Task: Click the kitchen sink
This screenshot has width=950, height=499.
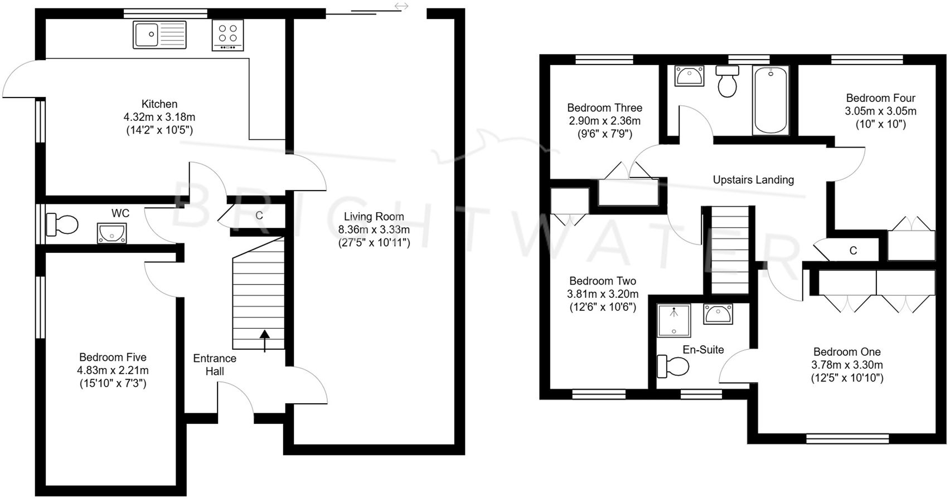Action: (x=159, y=35)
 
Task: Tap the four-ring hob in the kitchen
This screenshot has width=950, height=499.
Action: (x=227, y=35)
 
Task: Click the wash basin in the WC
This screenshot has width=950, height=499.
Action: (x=112, y=233)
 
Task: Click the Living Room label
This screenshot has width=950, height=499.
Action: (x=374, y=217)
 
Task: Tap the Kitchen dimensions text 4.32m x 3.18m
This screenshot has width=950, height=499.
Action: (x=159, y=117)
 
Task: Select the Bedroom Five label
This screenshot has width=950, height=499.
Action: (x=113, y=357)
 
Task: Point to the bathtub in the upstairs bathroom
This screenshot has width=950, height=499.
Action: (x=770, y=100)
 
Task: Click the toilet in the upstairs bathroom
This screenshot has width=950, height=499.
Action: (x=727, y=81)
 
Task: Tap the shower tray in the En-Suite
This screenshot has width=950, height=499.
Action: (x=674, y=320)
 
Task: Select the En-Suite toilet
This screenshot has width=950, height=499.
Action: (x=673, y=366)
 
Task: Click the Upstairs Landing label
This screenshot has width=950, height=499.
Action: (x=753, y=180)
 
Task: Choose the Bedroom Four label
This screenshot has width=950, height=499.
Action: (x=880, y=98)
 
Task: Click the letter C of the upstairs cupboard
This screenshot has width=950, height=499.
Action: (x=853, y=251)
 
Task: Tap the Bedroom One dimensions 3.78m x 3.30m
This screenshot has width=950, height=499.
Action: (x=847, y=365)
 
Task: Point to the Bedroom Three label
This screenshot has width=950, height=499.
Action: (x=604, y=107)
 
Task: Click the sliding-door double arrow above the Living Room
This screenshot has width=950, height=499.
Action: (x=401, y=6)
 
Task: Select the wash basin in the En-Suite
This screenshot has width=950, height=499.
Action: (x=718, y=314)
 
